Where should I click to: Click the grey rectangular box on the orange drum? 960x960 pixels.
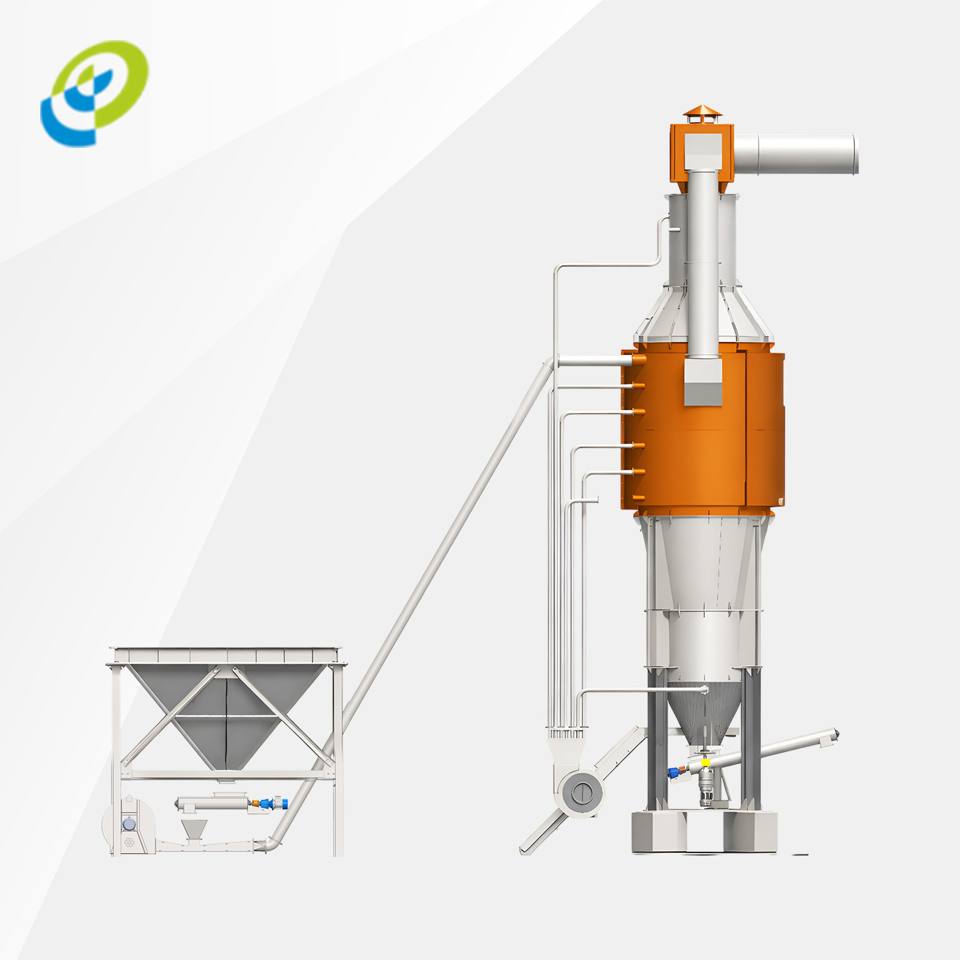703,381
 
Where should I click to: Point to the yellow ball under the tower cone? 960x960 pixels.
705,762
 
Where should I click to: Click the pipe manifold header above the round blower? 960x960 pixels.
566,735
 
